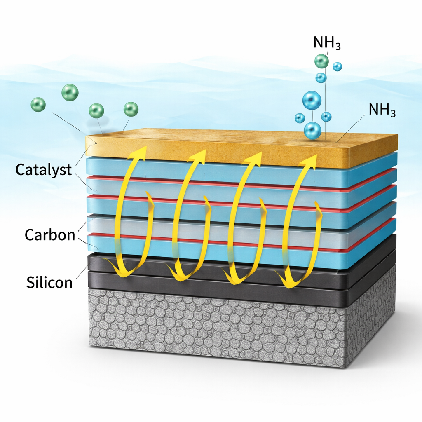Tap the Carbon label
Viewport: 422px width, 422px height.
50,234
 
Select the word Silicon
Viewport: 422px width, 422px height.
49,282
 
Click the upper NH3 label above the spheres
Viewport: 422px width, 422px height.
327,43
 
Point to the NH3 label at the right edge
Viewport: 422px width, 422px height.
382,110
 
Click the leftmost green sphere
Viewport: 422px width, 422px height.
38,104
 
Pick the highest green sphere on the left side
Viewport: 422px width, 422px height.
70,93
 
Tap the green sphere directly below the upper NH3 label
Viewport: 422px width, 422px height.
321,61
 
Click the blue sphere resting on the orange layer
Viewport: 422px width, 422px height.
313,130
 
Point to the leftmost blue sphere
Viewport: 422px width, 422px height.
300,118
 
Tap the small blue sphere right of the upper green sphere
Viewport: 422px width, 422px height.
337,66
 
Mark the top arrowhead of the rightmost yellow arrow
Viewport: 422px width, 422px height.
309,162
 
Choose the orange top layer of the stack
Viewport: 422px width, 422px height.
241,148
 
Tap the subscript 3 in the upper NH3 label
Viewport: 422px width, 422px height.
338,46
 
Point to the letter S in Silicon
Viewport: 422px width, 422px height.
30,282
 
